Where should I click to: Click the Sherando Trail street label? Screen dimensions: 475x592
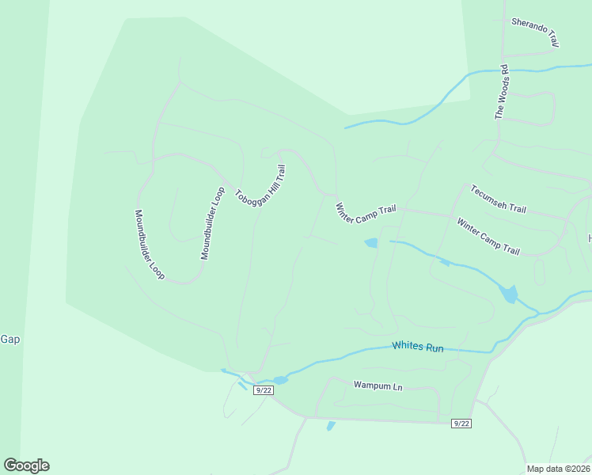click(536, 32)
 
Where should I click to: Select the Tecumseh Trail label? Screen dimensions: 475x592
click(498, 199)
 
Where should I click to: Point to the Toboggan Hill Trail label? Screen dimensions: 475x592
click(260, 186)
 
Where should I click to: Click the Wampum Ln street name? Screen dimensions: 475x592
click(378, 386)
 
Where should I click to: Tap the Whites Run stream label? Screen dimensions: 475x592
click(418, 347)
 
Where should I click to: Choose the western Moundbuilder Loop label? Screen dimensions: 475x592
click(149, 244)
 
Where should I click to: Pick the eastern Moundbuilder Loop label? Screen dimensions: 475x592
click(208, 223)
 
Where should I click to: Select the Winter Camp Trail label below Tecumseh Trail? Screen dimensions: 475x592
click(488, 236)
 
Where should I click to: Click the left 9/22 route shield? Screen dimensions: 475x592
click(264, 389)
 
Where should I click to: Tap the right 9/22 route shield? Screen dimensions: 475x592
click(461, 424)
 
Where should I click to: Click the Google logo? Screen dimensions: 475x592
click(26, 465)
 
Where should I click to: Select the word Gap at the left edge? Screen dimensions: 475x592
click(9, 340)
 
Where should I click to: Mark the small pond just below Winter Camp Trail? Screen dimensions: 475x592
click(370, 243)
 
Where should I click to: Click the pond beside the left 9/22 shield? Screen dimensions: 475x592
click(280, 380)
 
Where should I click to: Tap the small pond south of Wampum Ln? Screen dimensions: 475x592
click(331, 426)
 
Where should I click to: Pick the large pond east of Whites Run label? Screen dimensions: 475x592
click(510, 294)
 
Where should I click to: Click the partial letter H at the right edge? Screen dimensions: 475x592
click(589, 238)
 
